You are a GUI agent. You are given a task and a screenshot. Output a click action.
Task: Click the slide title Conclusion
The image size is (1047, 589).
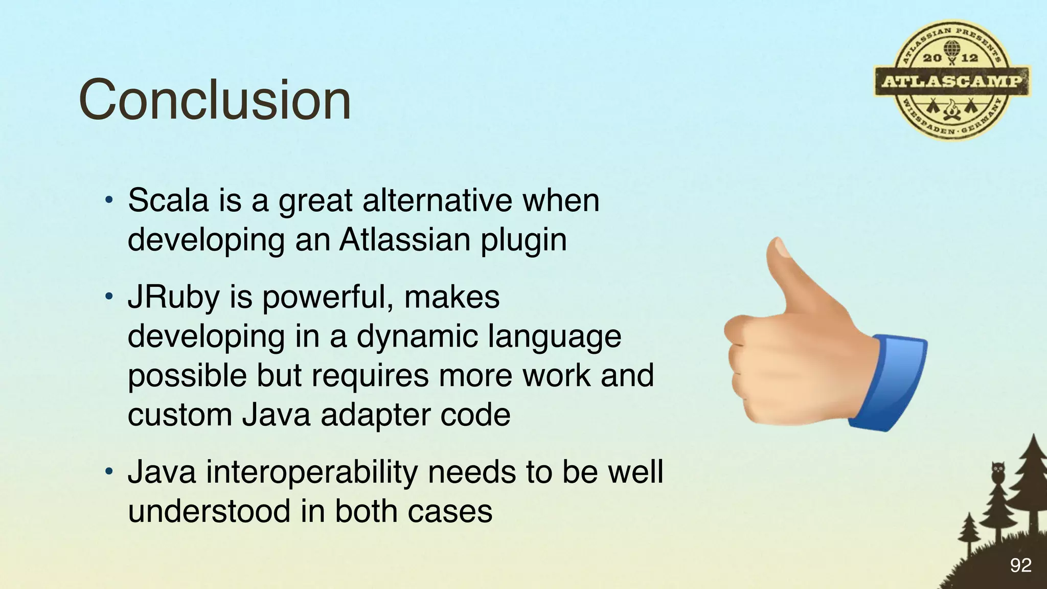(x=215, y=100)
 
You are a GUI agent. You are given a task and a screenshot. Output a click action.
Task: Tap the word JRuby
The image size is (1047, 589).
(x=173, y=297)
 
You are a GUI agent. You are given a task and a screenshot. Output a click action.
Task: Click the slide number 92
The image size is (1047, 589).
(x=1020, y=565)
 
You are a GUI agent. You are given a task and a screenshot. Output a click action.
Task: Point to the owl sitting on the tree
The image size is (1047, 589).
(x=997, y=471)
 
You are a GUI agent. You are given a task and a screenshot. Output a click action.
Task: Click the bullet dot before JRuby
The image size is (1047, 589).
(x=108, y=297)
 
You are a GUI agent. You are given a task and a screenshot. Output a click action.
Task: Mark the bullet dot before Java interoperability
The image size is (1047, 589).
(x=108, y=471)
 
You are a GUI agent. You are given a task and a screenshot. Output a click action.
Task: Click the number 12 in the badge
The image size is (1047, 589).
(x=969, y=58)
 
